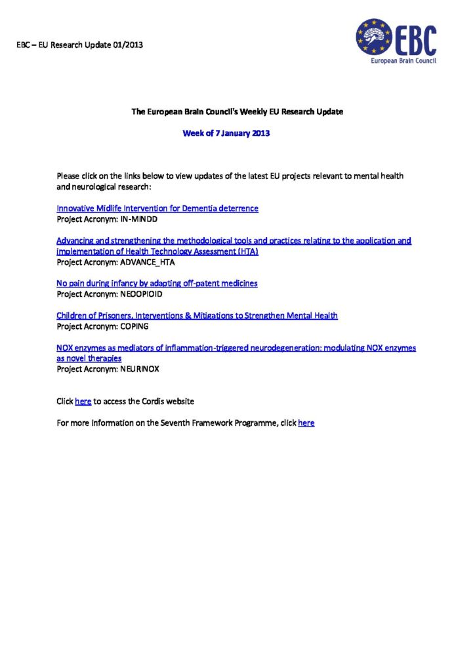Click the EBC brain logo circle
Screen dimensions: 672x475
pos(374,37)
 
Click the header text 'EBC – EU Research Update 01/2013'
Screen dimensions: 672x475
pos(79,45)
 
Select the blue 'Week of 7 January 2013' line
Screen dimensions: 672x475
pos(226,133)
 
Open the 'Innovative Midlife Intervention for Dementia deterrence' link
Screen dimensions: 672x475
pos(157,209)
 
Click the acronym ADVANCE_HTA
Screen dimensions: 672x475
pos(148,262)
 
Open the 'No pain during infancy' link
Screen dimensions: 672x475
pos(157,283)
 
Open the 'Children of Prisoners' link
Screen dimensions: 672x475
pos(197,316)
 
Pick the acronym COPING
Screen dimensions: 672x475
pos(134,325)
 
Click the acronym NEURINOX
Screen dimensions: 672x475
pos(140,369)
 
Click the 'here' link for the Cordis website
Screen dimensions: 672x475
pos(83,401)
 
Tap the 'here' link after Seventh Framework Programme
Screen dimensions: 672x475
pos(306,423)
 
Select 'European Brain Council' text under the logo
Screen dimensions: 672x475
pos(403,60)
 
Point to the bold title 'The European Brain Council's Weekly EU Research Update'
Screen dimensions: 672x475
pos(237,112)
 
